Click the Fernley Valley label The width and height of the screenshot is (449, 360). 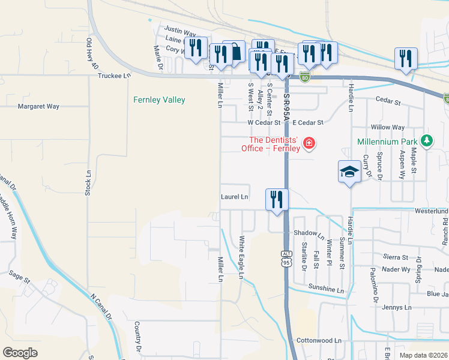[x=159, y=100]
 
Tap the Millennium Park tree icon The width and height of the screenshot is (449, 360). [x=427, y=140]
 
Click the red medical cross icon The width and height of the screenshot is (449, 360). [x=309, y=143]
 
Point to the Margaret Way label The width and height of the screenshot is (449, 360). [x=38, y=106]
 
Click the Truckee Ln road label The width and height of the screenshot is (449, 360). [x=114, y=76]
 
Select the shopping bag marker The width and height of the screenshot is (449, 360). [x=235, y=52]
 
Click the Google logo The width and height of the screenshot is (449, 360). [x=20, y=352]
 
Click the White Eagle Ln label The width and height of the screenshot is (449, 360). [x=241, y=257]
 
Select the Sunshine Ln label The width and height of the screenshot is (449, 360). [x=327, y=289]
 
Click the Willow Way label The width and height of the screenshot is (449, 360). [x=388, y=127]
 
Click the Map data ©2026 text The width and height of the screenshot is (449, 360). [x=424, y=355]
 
